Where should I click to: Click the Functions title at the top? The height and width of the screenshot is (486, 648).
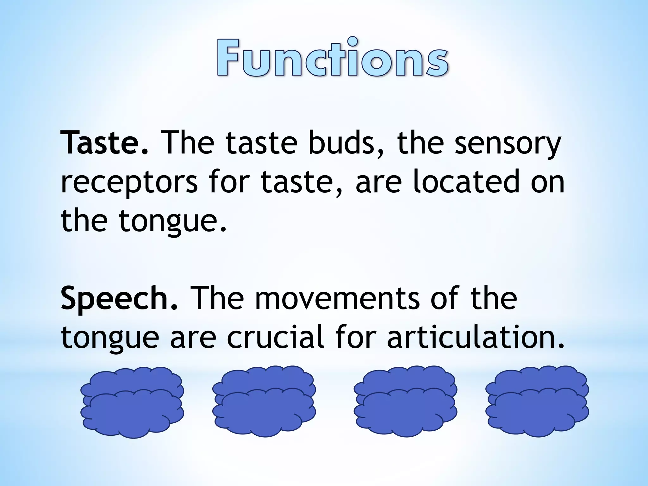[x=332, y=58]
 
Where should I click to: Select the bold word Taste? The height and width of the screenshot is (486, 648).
[x=104, y=143]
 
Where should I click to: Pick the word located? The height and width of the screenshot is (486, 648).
[x=466, y=181]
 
